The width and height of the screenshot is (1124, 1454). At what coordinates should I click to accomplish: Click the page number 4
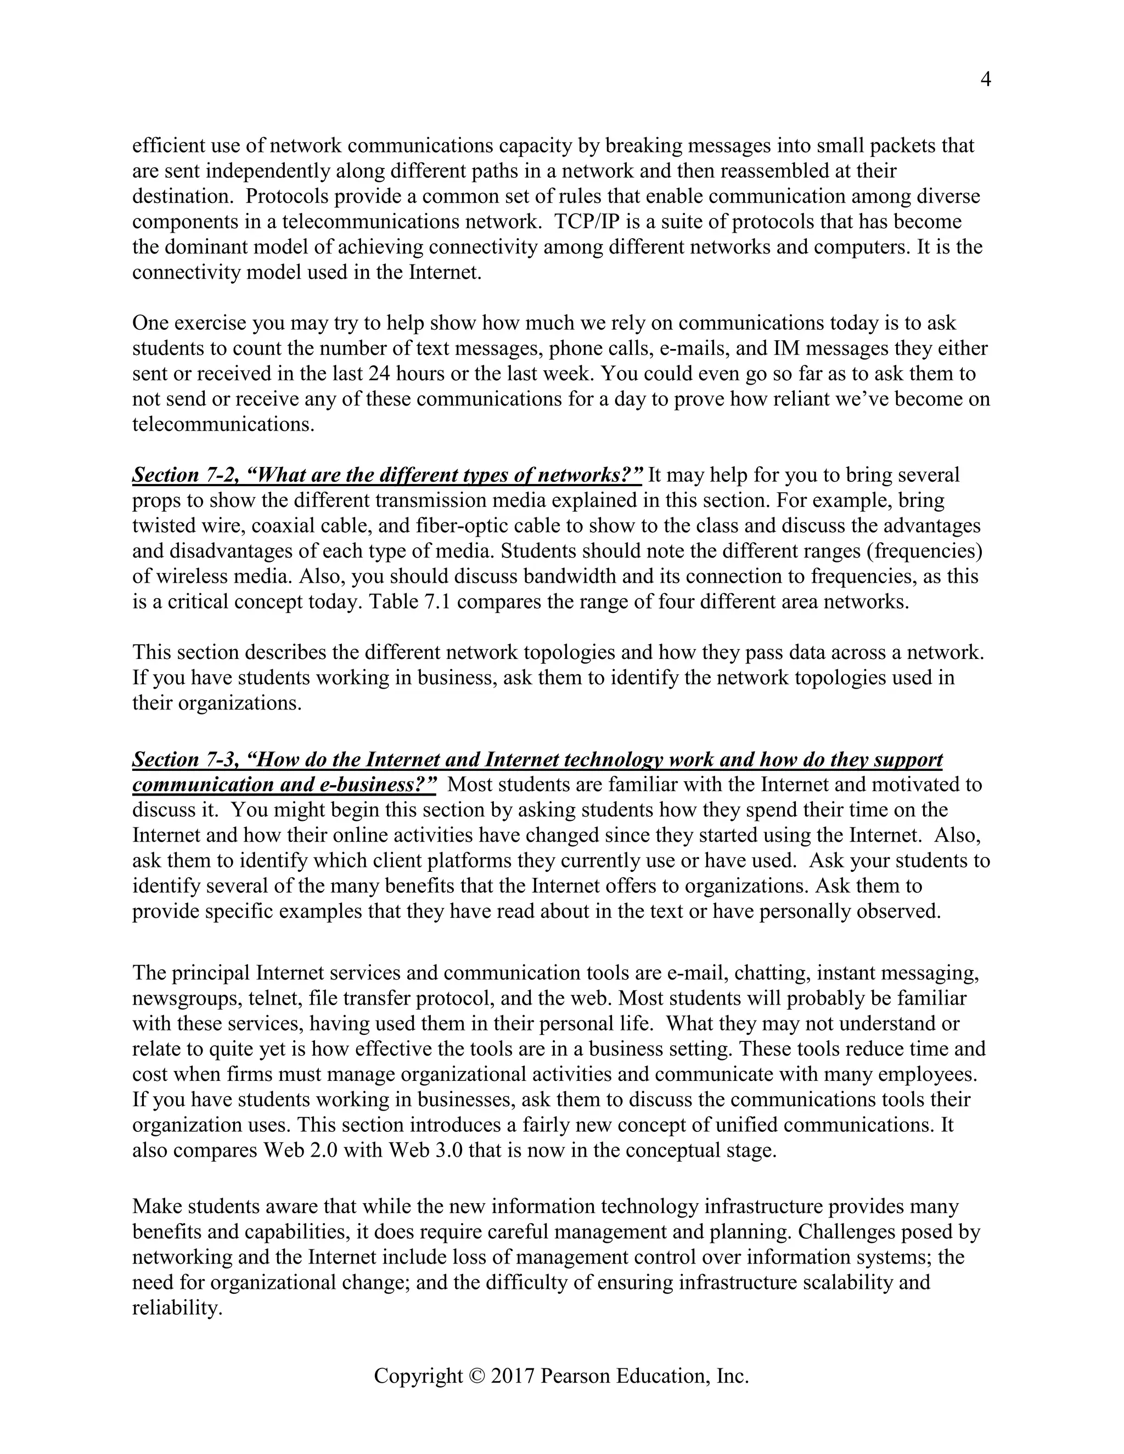coord(986,80)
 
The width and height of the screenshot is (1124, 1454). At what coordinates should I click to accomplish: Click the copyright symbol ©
coord(477,1376)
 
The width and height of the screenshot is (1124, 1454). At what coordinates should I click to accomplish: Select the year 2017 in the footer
coord(512,1376)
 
